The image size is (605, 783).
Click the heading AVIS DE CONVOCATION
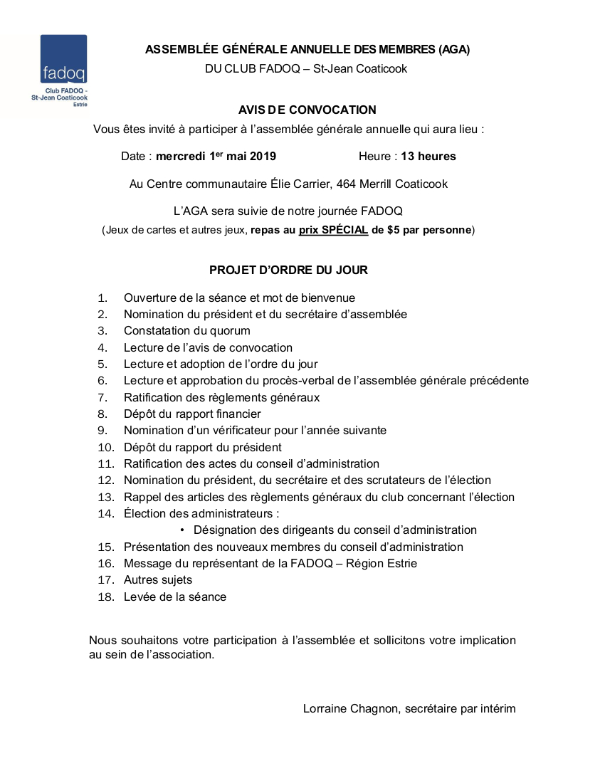(307, 110)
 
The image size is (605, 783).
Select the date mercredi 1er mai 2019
(216, 157)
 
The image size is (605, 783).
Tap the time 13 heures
(428, 157)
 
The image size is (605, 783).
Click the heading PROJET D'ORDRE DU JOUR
(288, 270)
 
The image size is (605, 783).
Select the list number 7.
(102, 397)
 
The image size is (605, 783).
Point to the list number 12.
(106, 480)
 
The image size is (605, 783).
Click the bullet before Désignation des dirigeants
(182, 530)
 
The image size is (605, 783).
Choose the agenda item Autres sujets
(158, 580)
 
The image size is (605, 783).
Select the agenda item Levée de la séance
(175, 597)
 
